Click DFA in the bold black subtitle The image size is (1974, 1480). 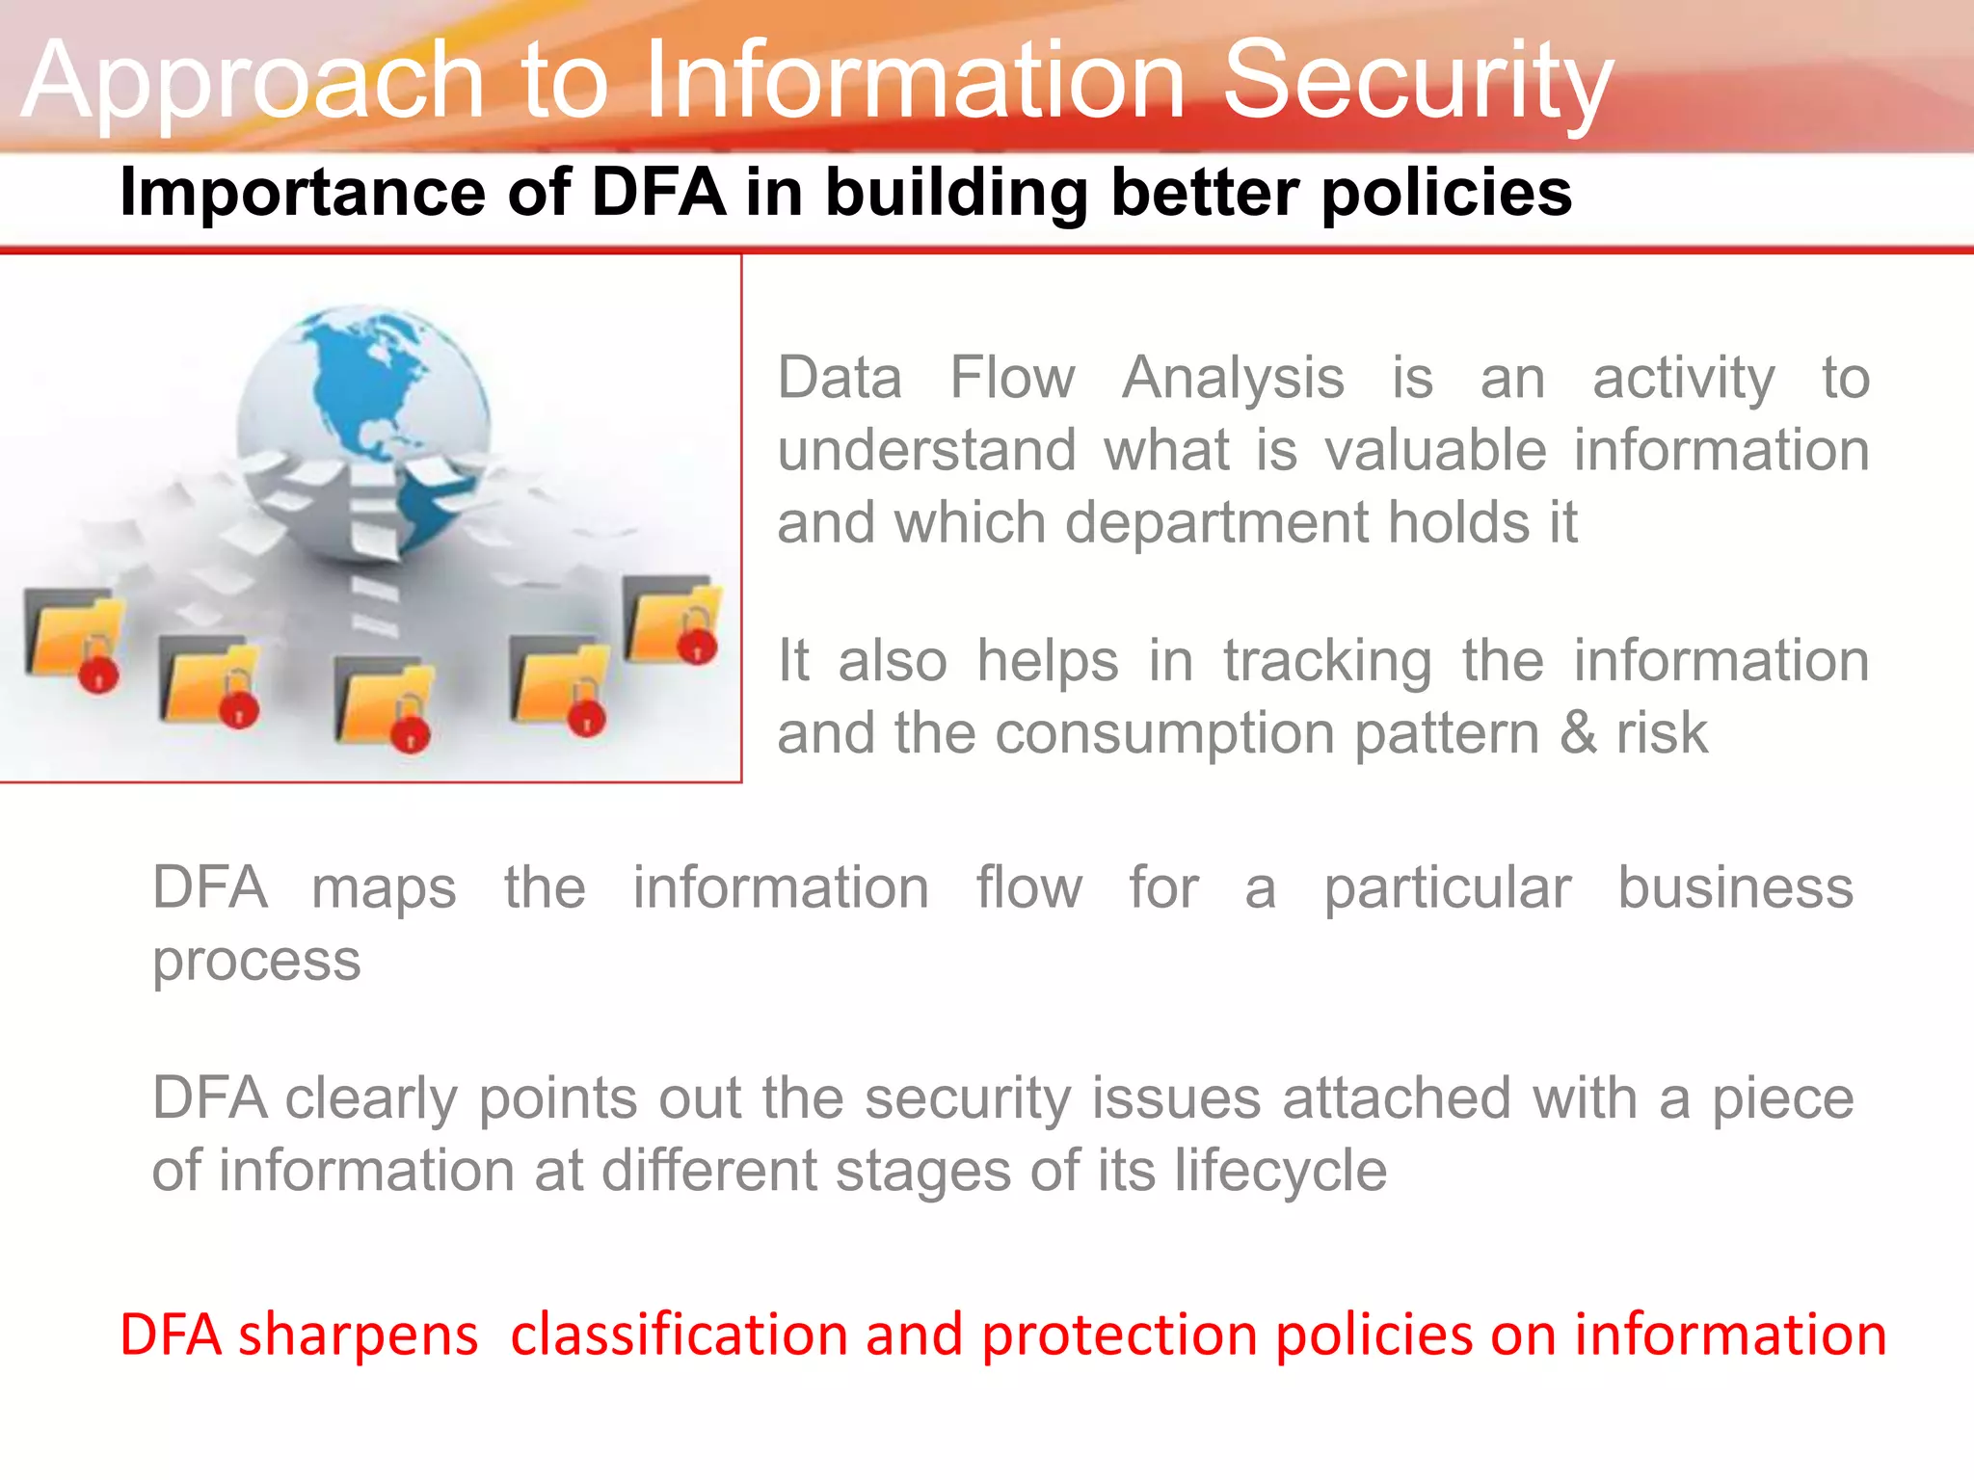click(x=658, y=192)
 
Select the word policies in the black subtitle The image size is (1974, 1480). click(x=1446, y=192)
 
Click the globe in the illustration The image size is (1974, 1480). click(x=364, y=424)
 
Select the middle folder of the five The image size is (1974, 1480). click(x=384, y=701)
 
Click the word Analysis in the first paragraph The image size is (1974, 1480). click(x=1233, y=378)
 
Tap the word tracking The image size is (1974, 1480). click(x=1327, y=662)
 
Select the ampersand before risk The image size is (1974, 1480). click(x=1578, y=733)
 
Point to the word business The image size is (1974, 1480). click(x=1735, y=887)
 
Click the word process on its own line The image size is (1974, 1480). click(x=256, y=961)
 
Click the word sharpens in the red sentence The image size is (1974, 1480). click(x=358, y=1336)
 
